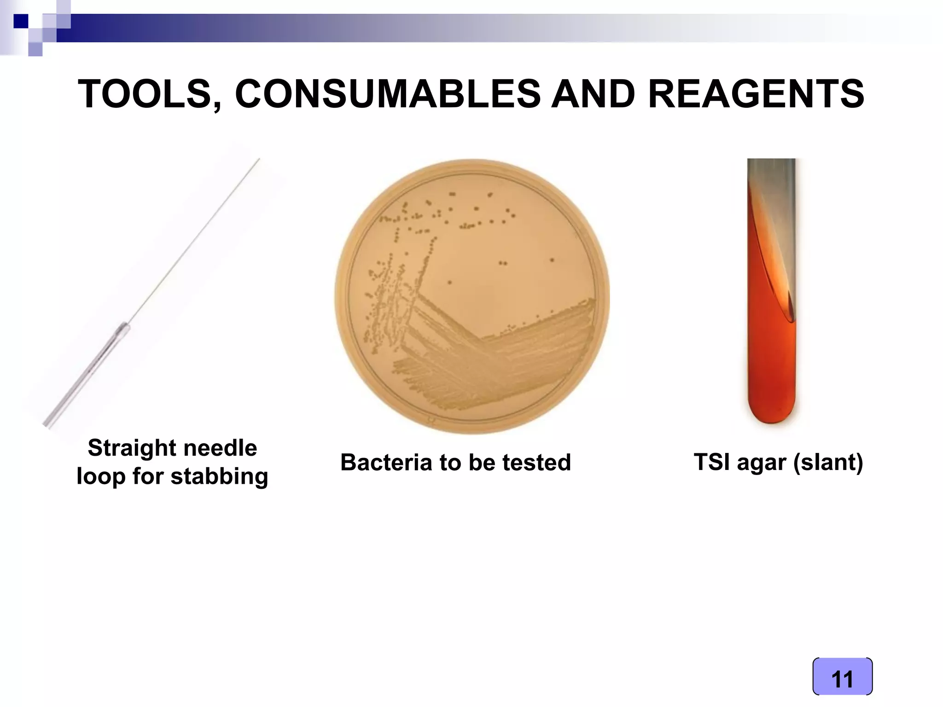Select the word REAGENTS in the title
click(x=756, y=94)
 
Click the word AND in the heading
click(x=594, y=94)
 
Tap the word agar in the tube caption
click(x=762, y=463)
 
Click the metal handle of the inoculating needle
click(x=87, y=375)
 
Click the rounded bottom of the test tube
click(x=772, y=412)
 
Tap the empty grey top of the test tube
click(x=772, y=175)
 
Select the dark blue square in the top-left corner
click(x=21, y=21)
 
